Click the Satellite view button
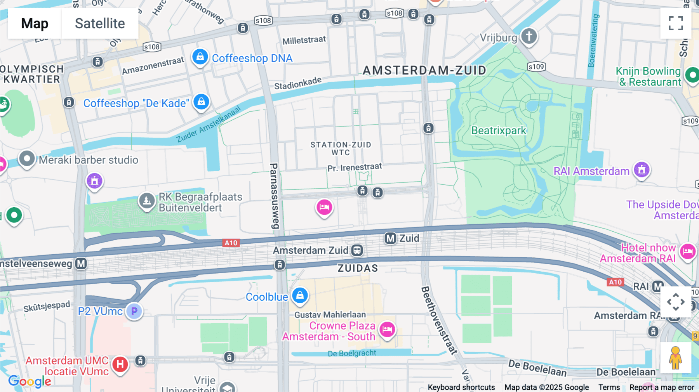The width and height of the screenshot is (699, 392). pos(100,23)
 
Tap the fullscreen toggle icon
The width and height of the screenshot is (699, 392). pos(676,23)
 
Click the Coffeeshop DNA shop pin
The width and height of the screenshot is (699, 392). pos(200,57)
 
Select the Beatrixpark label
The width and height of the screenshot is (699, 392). pos(499,130)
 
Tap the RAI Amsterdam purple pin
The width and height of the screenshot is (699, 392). pos(642,170)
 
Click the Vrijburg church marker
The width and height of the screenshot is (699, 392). pos(529,36)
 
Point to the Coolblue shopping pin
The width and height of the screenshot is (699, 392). pos(300,296)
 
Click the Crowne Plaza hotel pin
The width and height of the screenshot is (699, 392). pos(387,330)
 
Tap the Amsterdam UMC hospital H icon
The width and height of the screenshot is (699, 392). pos(120,364)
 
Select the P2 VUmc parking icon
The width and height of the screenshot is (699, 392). pos(134,311)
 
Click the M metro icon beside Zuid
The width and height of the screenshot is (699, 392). pos(390,238)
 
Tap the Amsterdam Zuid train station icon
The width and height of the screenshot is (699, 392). pos(357,250)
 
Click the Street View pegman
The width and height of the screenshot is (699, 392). pos(675,358)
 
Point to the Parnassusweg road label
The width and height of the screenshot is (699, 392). pos(274,196)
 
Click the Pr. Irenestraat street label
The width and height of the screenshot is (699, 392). pos(355,167)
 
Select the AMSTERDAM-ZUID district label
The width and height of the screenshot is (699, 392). pos(424,70)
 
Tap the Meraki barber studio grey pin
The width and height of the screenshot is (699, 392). pos(27,159)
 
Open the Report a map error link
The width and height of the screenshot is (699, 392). pos(661,387)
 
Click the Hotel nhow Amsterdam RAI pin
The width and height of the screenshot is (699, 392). pos(687,252)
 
